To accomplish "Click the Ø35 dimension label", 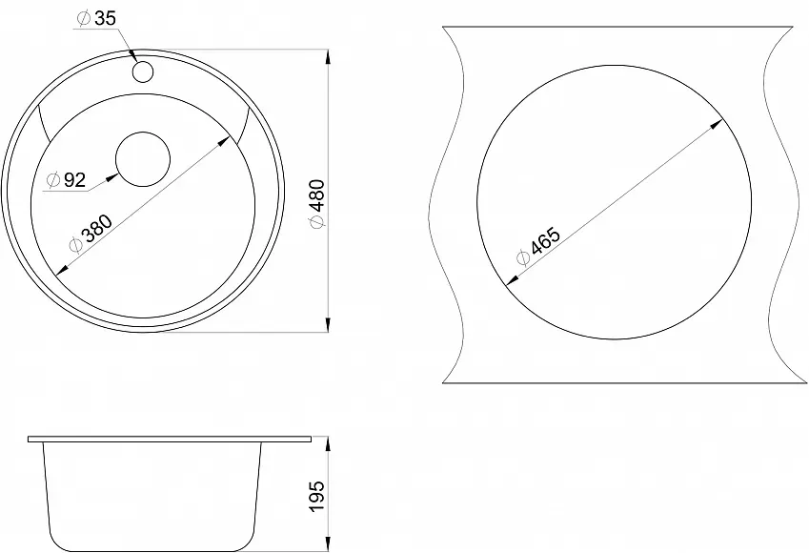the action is (96, 18).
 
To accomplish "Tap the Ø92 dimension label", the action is (66, 179).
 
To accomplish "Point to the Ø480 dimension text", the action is (316, 203).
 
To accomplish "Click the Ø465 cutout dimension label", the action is (538, 246).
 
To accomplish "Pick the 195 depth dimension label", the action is (316, 496).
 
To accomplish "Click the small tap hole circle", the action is (143, 72).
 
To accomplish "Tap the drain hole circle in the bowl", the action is (143, 159).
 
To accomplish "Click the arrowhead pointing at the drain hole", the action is (111, 178).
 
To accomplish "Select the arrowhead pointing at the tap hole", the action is (131, 56).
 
